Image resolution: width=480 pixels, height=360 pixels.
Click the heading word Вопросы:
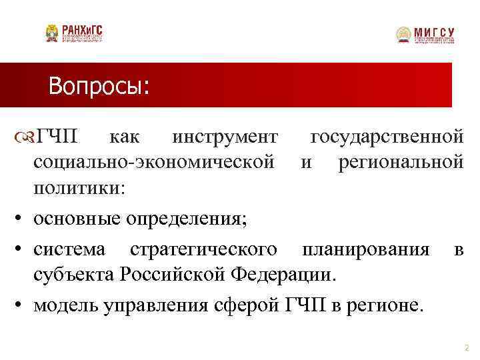point(99,86)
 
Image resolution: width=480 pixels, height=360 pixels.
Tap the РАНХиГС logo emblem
point(51,33)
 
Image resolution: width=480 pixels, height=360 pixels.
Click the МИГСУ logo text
point(434,31)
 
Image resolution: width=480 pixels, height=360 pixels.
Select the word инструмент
point(225,137)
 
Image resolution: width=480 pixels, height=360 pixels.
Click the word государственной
point(387,137)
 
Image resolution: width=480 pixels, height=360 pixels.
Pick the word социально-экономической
point(154,161)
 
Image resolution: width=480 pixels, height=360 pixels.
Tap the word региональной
point(401,161)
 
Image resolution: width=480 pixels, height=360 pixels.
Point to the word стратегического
point(203,249)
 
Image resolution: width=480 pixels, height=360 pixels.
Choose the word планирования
point(365,249)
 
